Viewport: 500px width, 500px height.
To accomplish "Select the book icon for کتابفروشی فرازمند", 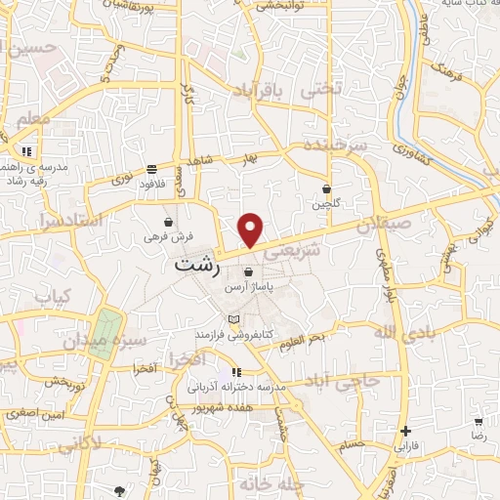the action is tap(232, 319).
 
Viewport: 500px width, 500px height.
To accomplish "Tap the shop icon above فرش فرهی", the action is tap(169, 222).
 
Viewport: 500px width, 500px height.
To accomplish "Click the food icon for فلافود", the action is tap(150, 168).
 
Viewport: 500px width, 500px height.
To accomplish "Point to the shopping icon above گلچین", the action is tap(326, 189).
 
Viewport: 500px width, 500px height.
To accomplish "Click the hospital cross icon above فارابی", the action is tap(405, 431).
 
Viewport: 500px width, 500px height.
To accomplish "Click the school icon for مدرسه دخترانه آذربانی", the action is tap(236, 372).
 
